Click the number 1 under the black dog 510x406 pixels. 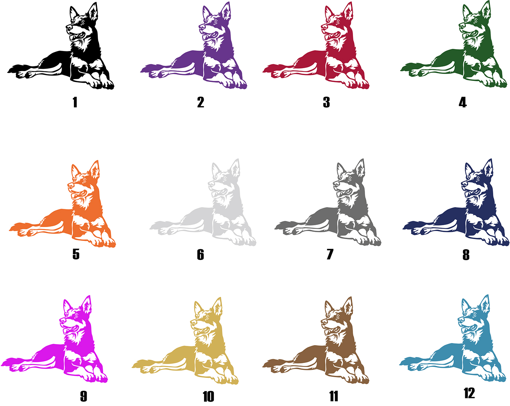[75, 102]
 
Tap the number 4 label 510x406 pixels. [463, 102]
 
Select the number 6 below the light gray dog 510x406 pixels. [200, 254]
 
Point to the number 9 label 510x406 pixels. [83, 396]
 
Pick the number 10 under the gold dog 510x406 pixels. [208, 396]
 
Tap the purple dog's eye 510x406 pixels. [216, 22]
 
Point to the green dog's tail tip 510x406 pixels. [401, 70]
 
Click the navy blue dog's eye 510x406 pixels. [478, 179]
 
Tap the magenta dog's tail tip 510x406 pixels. [2, 365]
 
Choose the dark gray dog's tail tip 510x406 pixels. [275, 228]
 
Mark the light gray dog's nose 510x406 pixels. [211, 183]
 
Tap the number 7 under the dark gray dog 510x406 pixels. [330, 254]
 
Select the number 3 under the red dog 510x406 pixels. [326, 102]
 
